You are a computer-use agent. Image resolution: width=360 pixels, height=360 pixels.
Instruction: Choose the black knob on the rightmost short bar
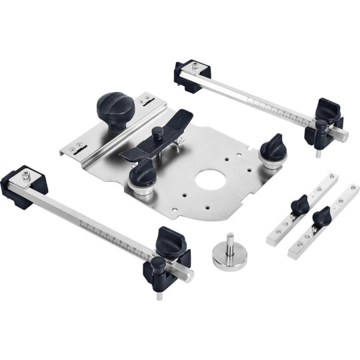coord(323,216)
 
